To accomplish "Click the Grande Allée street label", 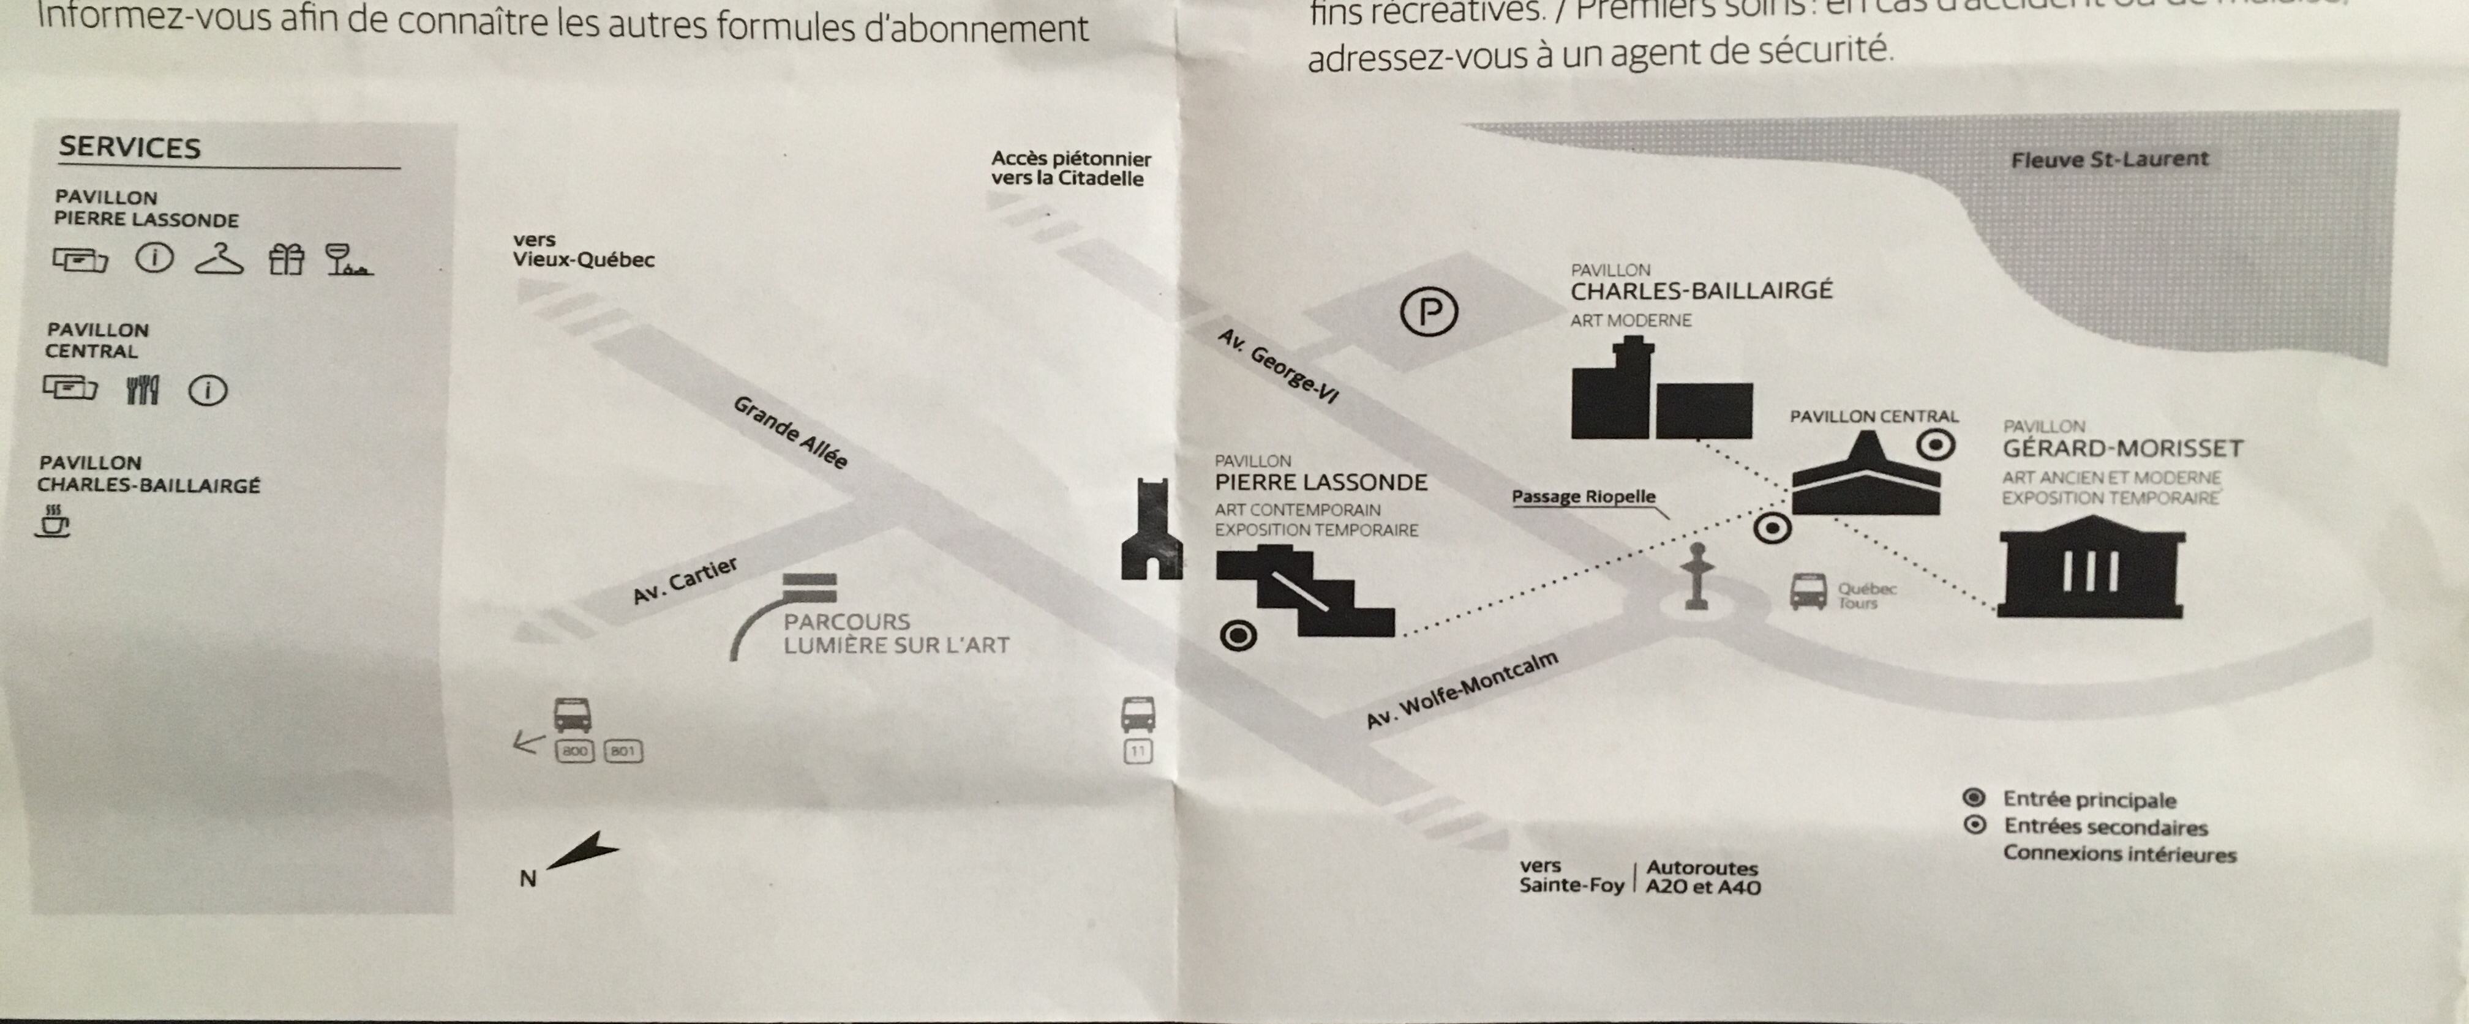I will (791, 433).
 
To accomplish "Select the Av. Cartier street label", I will (685, 580).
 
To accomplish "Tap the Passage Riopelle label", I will (1584, 496).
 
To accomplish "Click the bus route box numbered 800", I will (574, 751).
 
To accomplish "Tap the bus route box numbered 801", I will (623, 751).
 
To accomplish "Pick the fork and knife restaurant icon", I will (143, 390).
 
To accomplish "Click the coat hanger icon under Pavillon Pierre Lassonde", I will (219, 260).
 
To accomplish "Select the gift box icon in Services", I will (285, 260).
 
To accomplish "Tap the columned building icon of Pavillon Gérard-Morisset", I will (2091, 567).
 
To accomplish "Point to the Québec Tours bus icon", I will (1808, 592).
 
